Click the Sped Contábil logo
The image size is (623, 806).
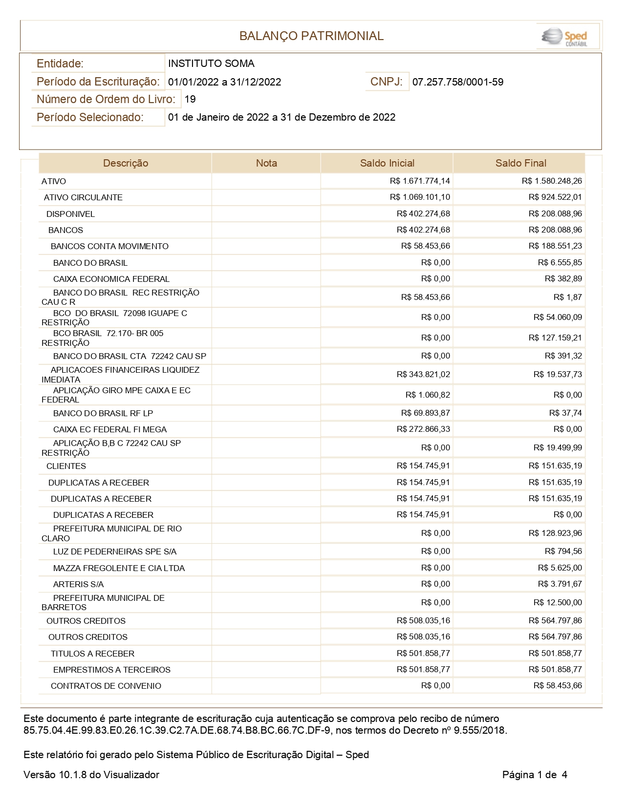[x=567, y=37]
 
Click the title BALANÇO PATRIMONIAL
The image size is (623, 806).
[x=311, y=36]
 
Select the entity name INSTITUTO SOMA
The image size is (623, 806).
[x=211, y=64]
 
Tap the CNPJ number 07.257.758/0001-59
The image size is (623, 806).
[x=458, y=82]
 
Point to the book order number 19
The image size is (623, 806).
[x=190, y=99]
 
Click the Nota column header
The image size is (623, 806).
[x=266, y=163]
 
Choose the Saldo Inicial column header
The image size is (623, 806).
[x=387, y=163]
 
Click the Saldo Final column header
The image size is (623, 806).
[x=520, y=163]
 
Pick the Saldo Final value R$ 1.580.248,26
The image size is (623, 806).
[x=552, y=181]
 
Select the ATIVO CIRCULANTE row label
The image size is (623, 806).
[x=83, y=197]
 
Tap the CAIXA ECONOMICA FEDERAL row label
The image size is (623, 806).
[x=111, y=279]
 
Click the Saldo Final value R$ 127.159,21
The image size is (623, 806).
[x=555, y=338]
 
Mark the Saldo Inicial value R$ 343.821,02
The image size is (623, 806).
[x=423, y=375]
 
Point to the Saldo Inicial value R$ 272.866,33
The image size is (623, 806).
[x=423, y=429]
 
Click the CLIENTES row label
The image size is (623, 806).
[x=66, y=466]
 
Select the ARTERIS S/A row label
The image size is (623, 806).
[x=78, y=584]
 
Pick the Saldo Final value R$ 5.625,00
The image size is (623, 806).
[x=560, y=568]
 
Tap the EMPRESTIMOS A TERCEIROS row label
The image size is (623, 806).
[x=111, y=670]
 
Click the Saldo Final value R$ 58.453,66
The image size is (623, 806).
[x=558, y=686]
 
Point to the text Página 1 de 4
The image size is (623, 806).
[x=535, y=775]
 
